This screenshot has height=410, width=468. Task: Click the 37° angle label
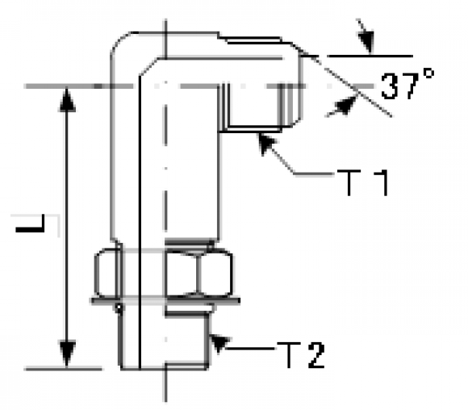pyautogui.click(x=407, y=84)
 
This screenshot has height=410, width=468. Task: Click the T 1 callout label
pyautogui.click(x=363, y=182)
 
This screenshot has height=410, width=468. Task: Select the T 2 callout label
pyautogui.click(x=301, y=355)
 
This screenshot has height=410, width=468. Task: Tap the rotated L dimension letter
pyautogui.click(x=30, y=223)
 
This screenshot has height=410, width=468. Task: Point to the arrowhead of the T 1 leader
pyautogui.click(x=266, y=144)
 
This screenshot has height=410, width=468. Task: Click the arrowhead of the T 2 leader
pyautogui.click(x=219, y=343)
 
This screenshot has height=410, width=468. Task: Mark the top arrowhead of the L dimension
pyautogui.click(x=66, y=100)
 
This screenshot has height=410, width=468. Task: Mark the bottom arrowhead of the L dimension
pyautogui.click(x=66, y=354)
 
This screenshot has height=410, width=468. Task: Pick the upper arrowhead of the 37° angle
pyautogui.click(x=366, y=39)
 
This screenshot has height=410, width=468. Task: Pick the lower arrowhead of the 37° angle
pyautogui.click(x=343, y=105)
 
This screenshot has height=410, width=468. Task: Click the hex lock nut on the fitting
pyautogui.click(x=164, y=274)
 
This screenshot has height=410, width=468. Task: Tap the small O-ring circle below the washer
pyautogui.click(x=119, y=307)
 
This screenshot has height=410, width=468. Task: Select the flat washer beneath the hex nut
pyautogui.click(x=165, y=301)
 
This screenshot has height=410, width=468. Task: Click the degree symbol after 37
pyautogui.click(x=429, y=73)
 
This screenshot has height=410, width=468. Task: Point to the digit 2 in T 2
pyautogui.click(x=316, y=355)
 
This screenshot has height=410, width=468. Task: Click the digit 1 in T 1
pyautogui.click(x=382, y=182)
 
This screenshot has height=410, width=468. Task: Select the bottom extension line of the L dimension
pyautogui.click(x=63, y=369)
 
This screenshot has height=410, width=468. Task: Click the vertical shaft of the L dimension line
pyautogui.click(x=66, y=228)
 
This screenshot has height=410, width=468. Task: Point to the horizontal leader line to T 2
pyautogui.click(x=250, y=349)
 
